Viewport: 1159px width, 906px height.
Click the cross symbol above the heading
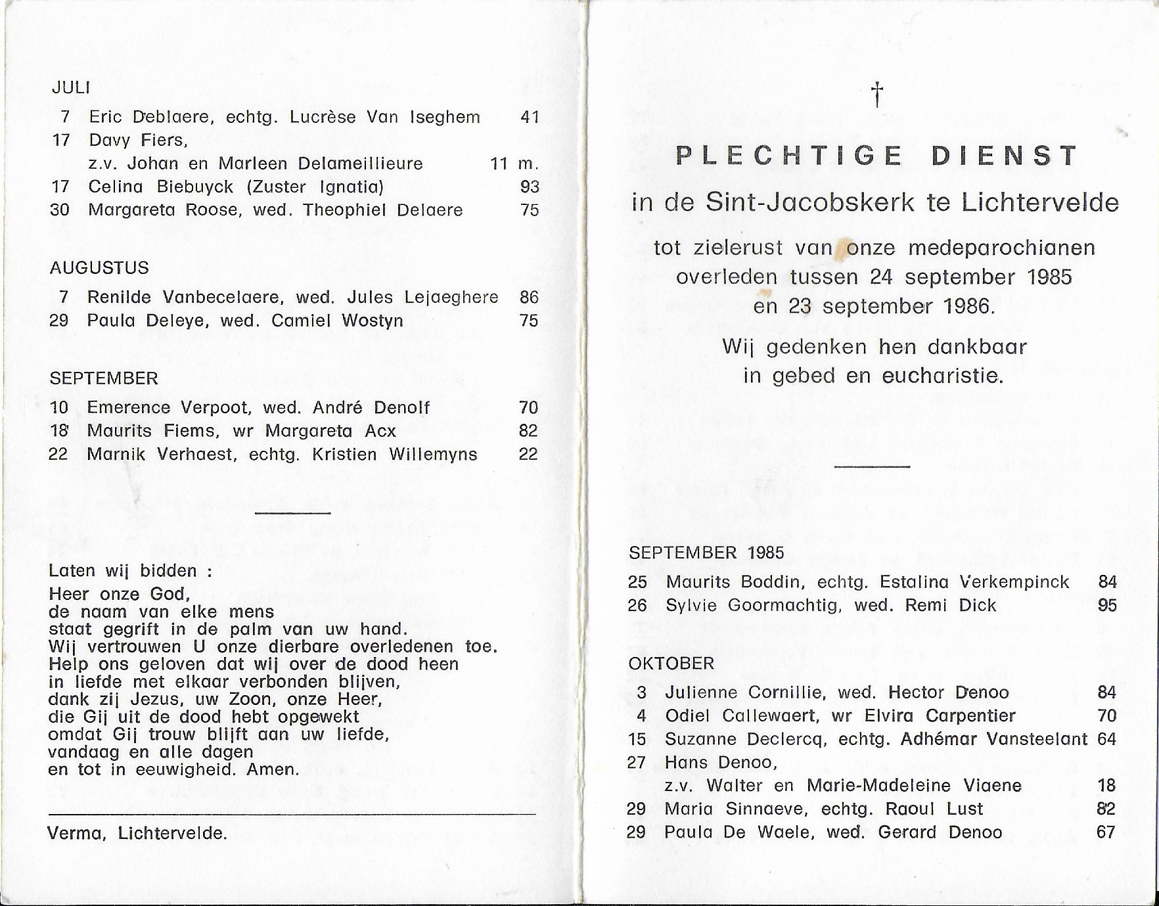click(x=876, y=95)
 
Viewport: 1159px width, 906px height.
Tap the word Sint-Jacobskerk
click(x=810, y=202)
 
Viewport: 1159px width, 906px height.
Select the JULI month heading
click(x=71, y=87)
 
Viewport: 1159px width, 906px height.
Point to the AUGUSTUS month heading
click(x=99, y=267)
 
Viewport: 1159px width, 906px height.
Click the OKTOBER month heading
click(x=671, y=663)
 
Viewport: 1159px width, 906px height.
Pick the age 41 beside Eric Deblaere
click(x=529, y=117)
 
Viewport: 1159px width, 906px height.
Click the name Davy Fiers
click(x=138, y=140)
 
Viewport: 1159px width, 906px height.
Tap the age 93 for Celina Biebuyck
click(x=529, y=187)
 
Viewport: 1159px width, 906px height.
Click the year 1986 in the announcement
click(x=968, y=306)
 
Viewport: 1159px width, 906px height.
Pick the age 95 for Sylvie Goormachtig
click(x=1107, y=605)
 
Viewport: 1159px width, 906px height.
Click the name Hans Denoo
click(x=721, y=762)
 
